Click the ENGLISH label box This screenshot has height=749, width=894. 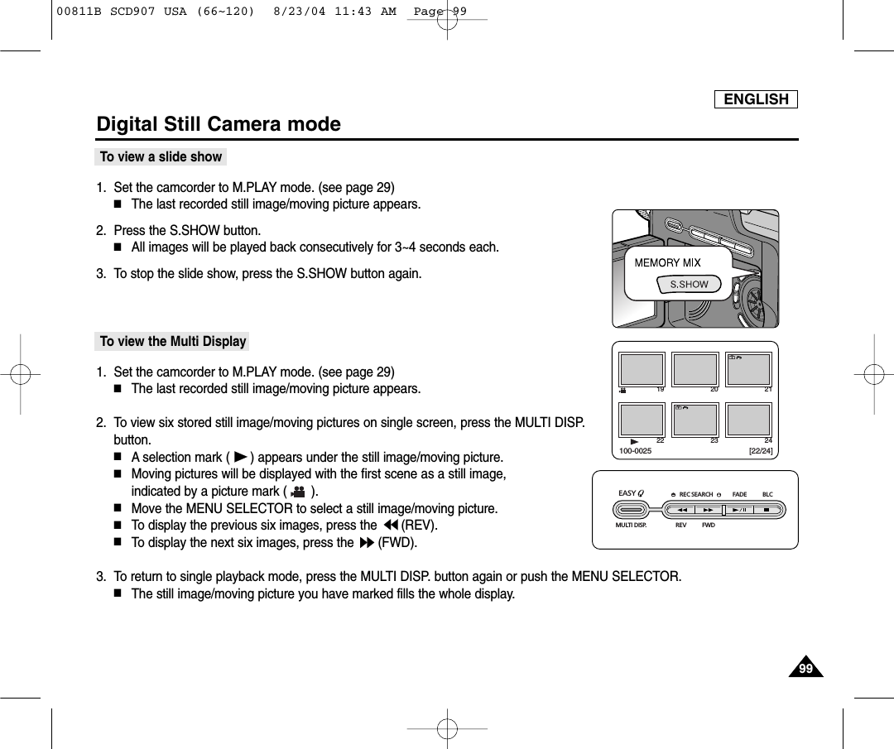coord(756,99)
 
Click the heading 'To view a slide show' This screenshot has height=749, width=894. coord(161,156)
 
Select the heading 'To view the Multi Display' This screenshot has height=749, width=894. coord(172,341)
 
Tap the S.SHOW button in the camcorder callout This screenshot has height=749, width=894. coord(689,284)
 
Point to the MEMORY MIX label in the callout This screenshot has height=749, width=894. coord(667,262)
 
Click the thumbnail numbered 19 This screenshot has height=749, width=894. coord(642,369)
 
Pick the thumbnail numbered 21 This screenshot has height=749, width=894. coord(747,369)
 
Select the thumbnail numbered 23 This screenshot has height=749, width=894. coord(695,420)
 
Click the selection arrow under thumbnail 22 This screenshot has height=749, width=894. coord(633,441)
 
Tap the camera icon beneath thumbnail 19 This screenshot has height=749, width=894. coord(622,390)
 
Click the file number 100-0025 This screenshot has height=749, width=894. coord(636,451)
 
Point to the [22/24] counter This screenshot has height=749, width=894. coord(760,451)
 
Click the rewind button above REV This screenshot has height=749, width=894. coord(682,510)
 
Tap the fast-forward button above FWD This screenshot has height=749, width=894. coord(709,510)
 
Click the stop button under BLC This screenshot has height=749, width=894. coord(767,510)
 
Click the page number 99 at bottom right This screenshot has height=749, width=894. coord(805,669)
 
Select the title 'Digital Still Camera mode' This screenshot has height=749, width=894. coord(219,124)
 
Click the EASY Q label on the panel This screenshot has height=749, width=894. coord(631,493)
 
